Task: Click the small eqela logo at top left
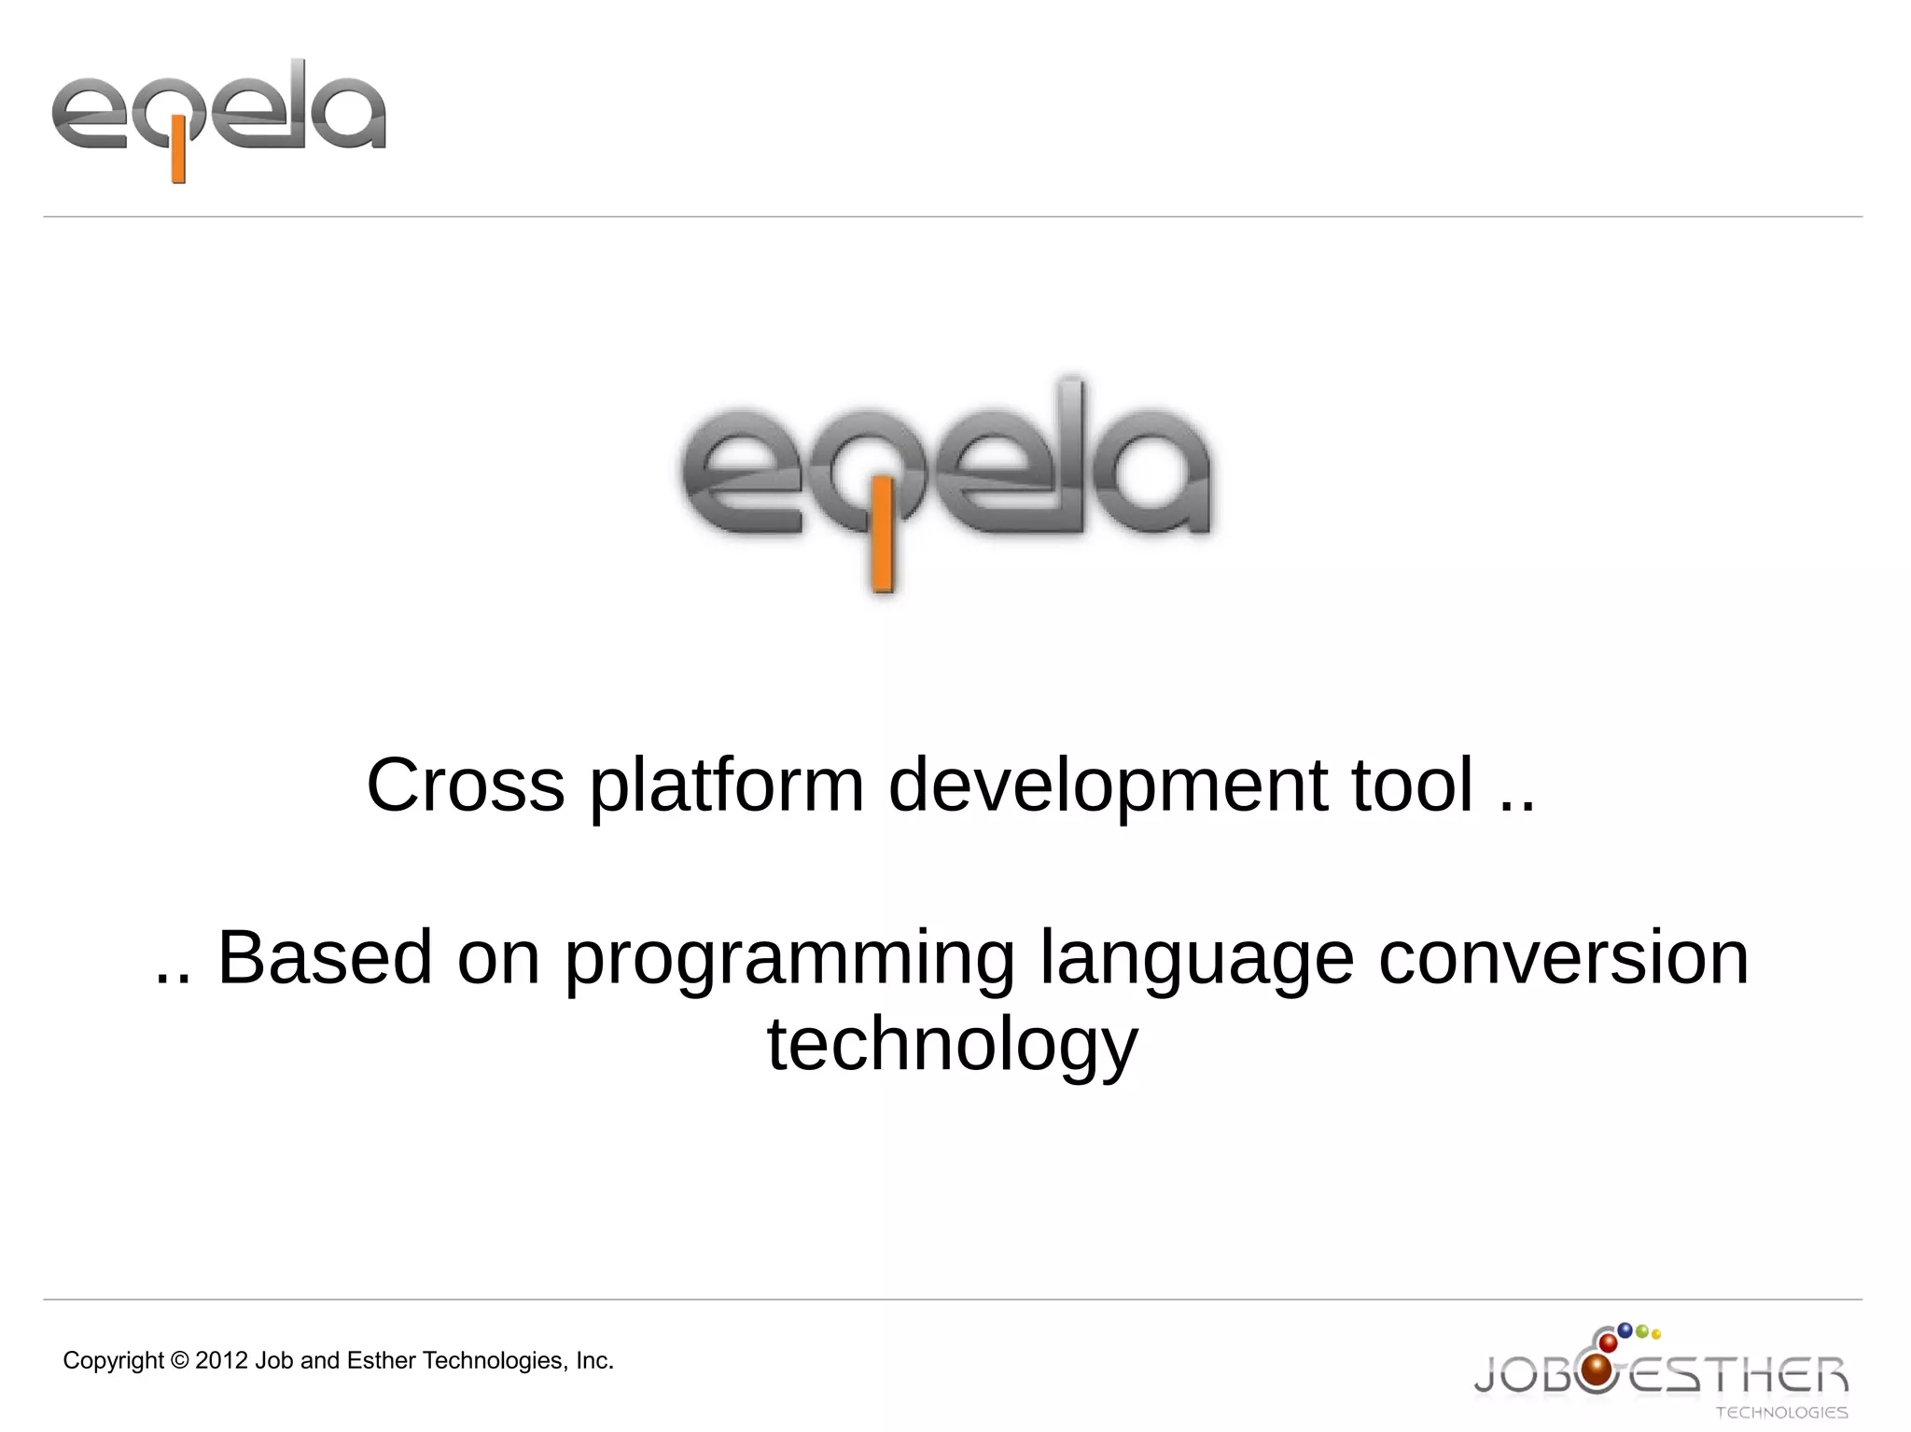click(218, 118)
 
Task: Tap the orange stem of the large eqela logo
click(882, 536)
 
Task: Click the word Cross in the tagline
click(466, 785)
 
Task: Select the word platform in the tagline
click(727, 786)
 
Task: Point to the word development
click(1108, 786)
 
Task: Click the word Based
click(325, 957)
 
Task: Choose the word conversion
click(1564, 957)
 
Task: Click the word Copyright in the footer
click(113, 1361)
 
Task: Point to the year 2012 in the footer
click(222, 1360)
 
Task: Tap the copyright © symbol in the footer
click(180, 1360)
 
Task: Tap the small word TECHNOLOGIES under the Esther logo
click(1781, 1412)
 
